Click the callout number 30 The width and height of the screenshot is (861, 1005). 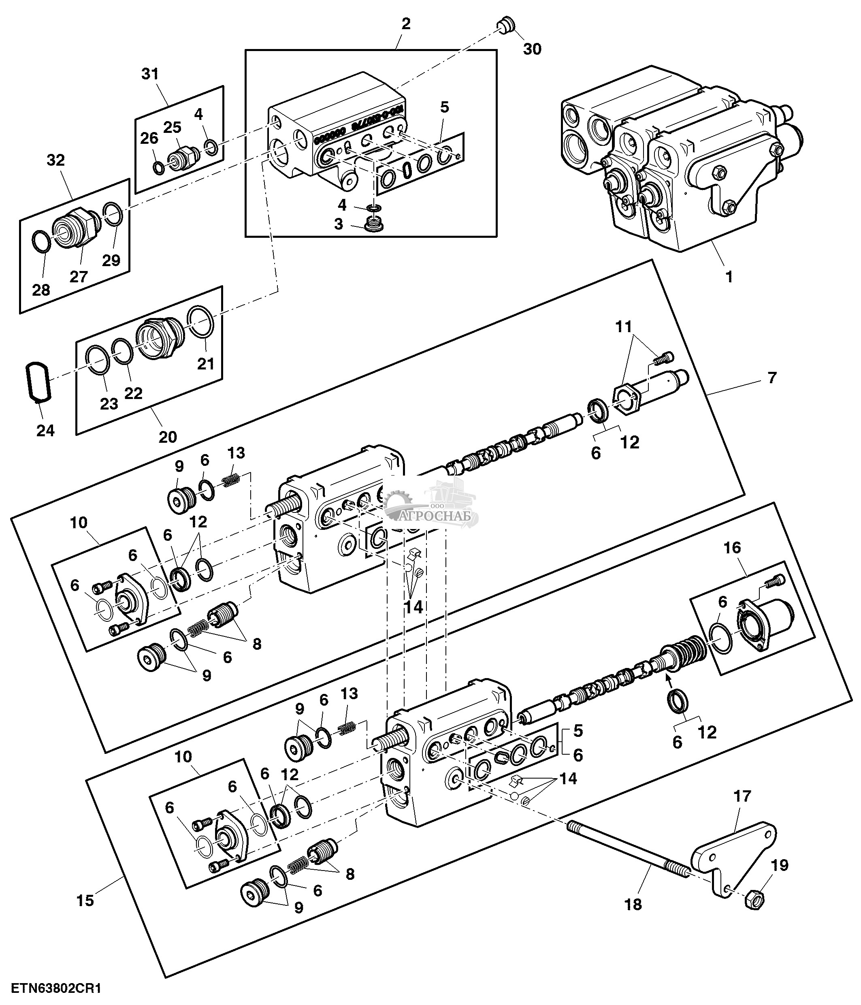click(532, 49)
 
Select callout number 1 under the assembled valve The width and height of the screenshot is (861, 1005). click(728, 277)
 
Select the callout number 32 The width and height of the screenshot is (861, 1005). click(56, 160)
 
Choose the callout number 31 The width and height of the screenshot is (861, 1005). click(150, 74)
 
